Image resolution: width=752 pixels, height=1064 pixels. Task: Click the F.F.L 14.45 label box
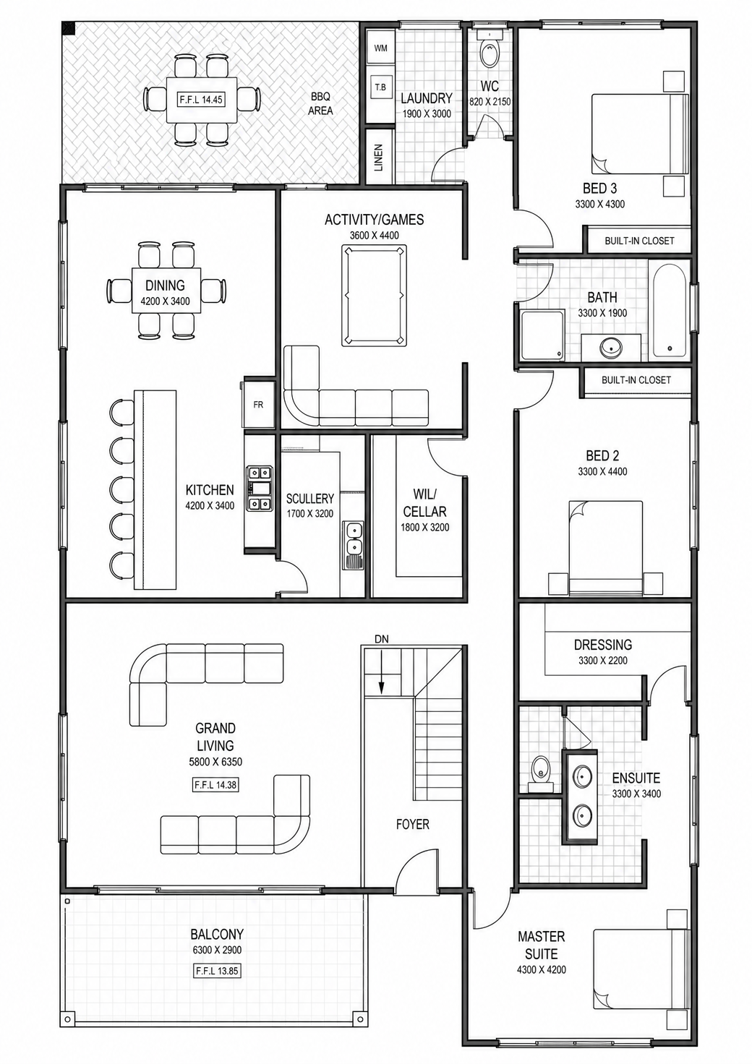coord(201,100)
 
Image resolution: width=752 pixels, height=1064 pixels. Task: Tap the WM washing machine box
coord(381,48)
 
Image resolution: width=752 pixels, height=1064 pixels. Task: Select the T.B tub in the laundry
coord(381,87)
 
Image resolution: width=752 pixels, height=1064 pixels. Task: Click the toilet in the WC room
coord(490,50)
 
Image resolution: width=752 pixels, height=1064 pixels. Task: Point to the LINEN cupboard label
coord(379,158)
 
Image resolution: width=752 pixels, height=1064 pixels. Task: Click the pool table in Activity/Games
coord(375,294)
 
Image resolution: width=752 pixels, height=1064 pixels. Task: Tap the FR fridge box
coord(258,405)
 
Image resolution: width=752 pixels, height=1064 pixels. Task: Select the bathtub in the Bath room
coord(670,311)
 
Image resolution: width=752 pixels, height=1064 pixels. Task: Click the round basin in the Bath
coord(610,348)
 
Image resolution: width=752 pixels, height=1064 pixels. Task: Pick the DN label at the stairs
coord(382,640)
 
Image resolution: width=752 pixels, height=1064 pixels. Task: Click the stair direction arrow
coord(381,673)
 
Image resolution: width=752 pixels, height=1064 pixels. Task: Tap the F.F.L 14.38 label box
coord(215,785)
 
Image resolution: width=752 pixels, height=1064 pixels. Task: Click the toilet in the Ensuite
coord(541,773)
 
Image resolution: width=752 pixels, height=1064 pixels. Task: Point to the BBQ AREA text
coord(320,103)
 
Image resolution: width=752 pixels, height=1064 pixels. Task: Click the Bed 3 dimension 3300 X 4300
coord(600,205)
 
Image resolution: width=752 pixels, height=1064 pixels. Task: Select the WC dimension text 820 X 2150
coord(490,102)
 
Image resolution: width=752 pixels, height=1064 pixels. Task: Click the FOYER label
coord(413,824)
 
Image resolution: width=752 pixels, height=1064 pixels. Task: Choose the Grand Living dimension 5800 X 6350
coord(215,762)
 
